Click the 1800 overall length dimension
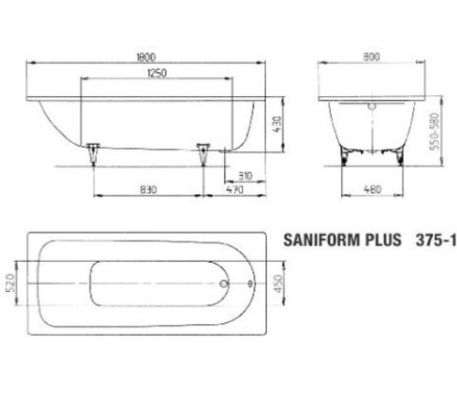point(144,55)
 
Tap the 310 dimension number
point(245,175)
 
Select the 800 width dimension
point(370,55)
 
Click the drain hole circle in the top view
point(225,284)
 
